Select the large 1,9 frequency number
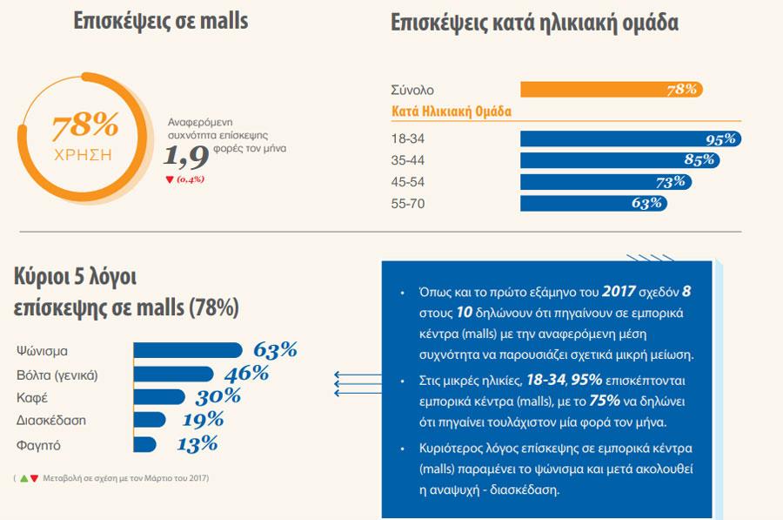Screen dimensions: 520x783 pyautogui.click(x=186, y=157)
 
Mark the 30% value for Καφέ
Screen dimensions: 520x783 pyautogui.click(x=217, y=397)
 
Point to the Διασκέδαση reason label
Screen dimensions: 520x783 pyautogui.click(x=51, y=421)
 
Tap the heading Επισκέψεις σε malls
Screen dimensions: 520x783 pyautogui.click(x=161, y=23)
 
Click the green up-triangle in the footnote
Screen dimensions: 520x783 pyautogui.click(x=23, y=478)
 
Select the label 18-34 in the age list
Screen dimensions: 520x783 pyautogui.click(x=409, y=138)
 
